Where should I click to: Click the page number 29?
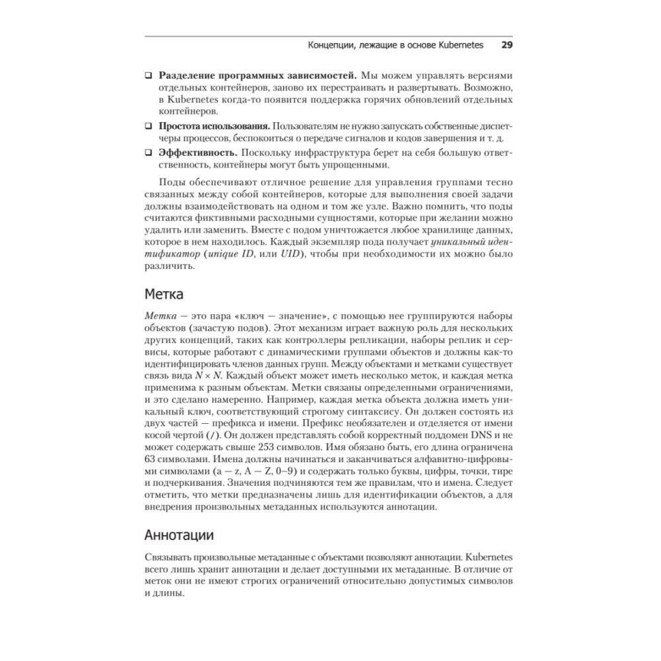(x=508, y=45)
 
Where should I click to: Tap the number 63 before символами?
(x=150, y=458)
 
